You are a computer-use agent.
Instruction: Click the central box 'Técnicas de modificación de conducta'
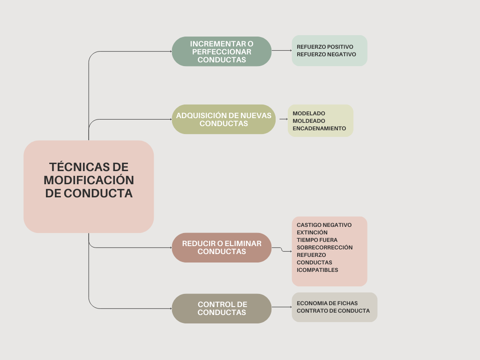pos(89,187)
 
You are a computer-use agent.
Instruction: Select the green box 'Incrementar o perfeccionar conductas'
pos(222,52)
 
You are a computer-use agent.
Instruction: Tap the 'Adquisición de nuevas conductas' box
pos(224,120)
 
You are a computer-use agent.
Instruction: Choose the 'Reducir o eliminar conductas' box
pos(222,247)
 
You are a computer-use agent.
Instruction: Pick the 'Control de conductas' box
pos(222,308)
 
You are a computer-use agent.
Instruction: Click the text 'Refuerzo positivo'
pos(325,47)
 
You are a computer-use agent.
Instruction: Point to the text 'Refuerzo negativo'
pos(326,54)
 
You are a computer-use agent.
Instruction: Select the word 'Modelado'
pos(308,113)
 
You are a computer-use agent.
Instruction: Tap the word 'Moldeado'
pos(308,121)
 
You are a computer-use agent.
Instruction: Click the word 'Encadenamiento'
pos(319,128)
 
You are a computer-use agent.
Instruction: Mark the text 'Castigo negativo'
pos(324,225)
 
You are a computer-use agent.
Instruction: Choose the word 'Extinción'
pos(312,232)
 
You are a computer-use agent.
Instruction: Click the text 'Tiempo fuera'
pos(317,240)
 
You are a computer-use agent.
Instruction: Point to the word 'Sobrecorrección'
pos(324,247)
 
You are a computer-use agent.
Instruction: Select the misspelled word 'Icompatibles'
pos(317,270)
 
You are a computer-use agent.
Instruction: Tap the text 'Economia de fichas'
pos(327,303)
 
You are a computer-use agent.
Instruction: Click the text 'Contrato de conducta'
pos(333,311)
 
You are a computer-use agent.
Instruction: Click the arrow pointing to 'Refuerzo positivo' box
pos(281,51)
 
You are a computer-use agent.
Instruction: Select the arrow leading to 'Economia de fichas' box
pos(281,307)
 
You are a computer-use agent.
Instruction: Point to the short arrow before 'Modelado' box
pos(283,119)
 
